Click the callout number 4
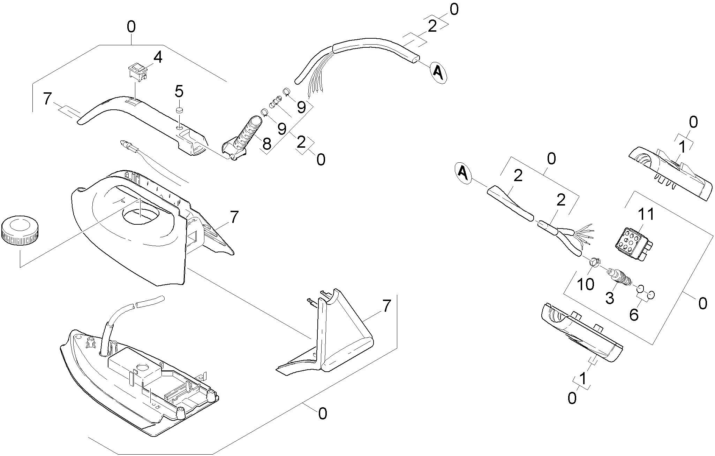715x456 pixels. (x=158, y=58)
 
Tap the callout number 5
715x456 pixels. (x=179, y=91)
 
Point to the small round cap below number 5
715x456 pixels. (x=180, y=110)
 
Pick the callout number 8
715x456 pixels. (x=266, y=143)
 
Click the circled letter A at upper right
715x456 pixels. (x=438, y=72)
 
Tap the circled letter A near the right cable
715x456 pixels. (x=463, y=172)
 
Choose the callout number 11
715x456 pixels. (x=646, y=215)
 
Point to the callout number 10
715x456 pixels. (x=586, y=284)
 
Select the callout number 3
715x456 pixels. (x=609, y=298)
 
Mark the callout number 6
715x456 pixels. (x=633, y=315)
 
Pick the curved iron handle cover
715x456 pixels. (x=140, y=118)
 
